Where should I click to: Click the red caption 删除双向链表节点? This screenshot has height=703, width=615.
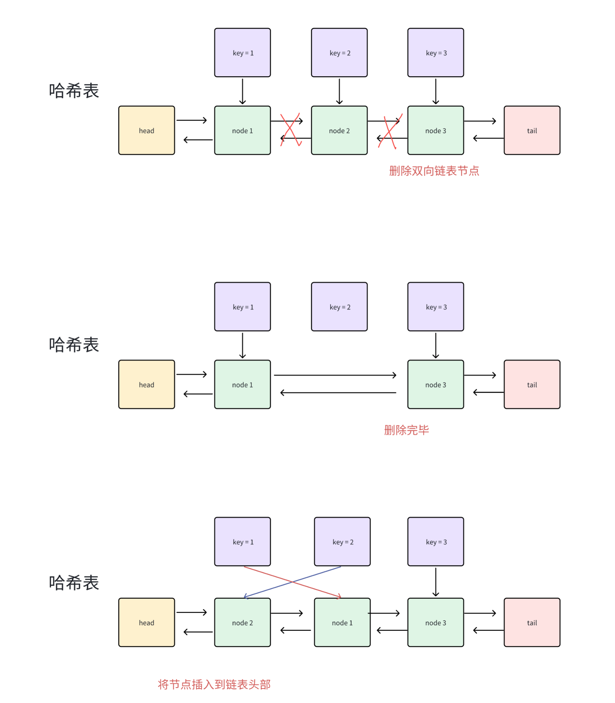[434, 171]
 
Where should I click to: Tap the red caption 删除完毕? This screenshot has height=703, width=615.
[406, 430]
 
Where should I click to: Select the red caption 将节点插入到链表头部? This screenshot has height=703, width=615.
[214, 684]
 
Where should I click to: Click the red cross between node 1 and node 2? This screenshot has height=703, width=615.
[290, 130]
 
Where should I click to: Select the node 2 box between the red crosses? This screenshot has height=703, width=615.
[339, 131]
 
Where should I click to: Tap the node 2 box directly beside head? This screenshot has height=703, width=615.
[242, 622]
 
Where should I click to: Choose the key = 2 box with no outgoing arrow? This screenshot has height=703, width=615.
[339, 307]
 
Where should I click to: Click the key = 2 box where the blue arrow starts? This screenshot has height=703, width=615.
[342, 542]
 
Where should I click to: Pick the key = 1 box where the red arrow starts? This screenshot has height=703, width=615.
[242, 542]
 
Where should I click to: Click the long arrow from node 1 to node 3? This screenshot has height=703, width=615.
[334, 375]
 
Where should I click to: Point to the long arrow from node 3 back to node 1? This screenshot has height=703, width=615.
[338, 392]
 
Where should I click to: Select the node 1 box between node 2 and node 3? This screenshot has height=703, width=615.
[342, 622]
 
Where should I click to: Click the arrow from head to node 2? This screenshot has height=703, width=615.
[192, 612]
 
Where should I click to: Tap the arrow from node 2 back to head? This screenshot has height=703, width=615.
[198, 632]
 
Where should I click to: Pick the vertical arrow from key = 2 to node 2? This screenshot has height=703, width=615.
[339, 91]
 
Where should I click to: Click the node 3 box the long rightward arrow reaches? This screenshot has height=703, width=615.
[436, 385]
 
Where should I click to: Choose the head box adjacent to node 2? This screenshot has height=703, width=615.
[147, 622]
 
